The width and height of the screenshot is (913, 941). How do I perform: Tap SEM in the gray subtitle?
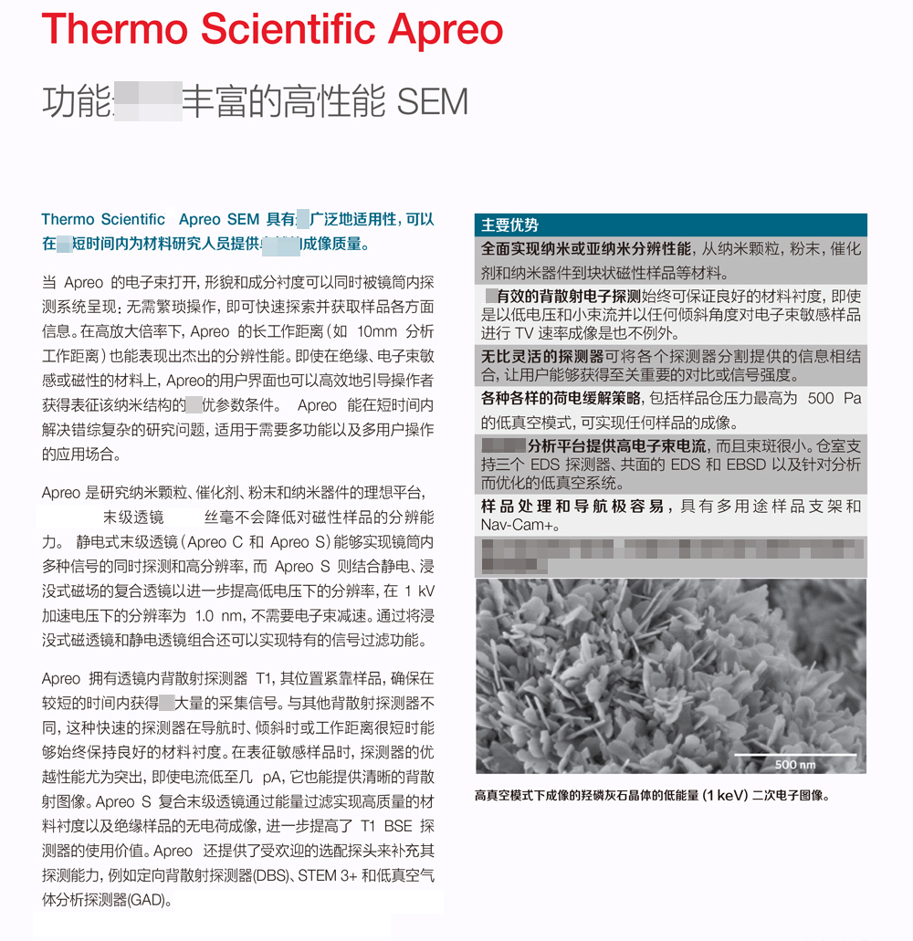point(434,102)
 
